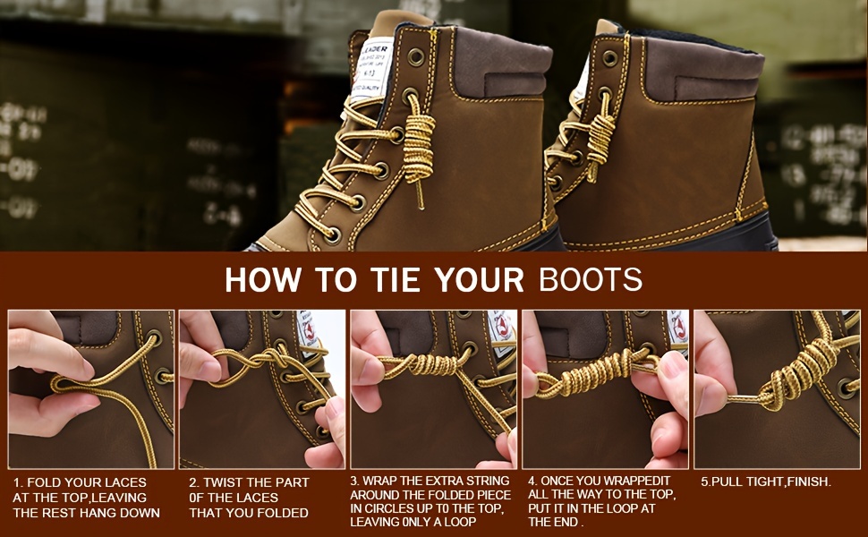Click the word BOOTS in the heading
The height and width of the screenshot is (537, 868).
tap(590, 279)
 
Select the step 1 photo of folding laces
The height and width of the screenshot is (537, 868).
tap(91, 389)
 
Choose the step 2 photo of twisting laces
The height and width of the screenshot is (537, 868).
tap(262, 389)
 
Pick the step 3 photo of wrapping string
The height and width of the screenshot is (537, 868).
tap(433, 389)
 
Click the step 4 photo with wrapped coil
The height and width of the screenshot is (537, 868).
tap(605, 389)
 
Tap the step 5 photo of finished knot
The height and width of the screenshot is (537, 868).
tap(777, 389)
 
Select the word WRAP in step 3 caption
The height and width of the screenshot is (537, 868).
tap(383, 480)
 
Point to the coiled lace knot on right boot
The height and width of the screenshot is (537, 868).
tap(600, 134)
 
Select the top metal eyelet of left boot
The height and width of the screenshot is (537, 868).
tap(416, 56)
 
